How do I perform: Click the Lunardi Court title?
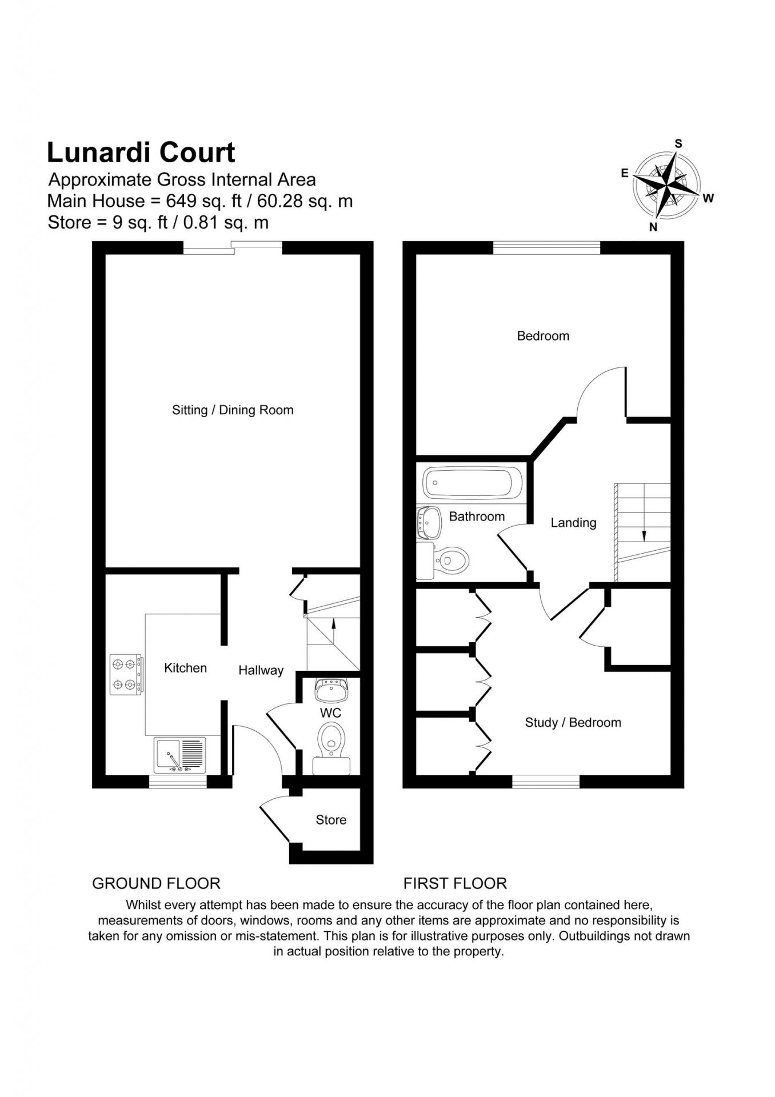[x=141, y=153]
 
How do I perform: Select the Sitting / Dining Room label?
[x=233, y=410]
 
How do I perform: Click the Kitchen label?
[x=185, y=668]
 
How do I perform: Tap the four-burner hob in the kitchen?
[x=126, y=674]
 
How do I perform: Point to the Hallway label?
[x=261, y=671]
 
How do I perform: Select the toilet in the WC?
[x=331, y=747]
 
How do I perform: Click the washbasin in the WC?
[x=331, y=690]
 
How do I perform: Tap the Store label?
[x=331, y=820]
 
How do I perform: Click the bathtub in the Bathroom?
[x=472, y=483]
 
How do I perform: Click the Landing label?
[x=573, y=523]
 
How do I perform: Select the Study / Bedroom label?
[x=573, y=723]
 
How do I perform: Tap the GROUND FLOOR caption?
[x=156, y=884]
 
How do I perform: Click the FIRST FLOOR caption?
[x=455, y=884]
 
